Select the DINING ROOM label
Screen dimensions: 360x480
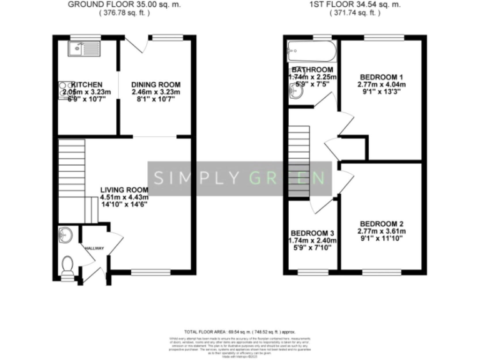[x=156, y=84]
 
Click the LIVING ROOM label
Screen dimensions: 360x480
[x=124, y=190]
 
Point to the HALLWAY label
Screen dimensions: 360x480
[x=94, y=249]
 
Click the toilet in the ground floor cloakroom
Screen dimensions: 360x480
[x=68, y=264]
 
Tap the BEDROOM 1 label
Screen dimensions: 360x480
[x=380, y=77]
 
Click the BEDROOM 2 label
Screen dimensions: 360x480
[x=381, y=224]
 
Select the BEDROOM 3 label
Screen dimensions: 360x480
[x=312, y=232]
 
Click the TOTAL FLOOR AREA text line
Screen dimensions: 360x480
[x=240, y=332]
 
